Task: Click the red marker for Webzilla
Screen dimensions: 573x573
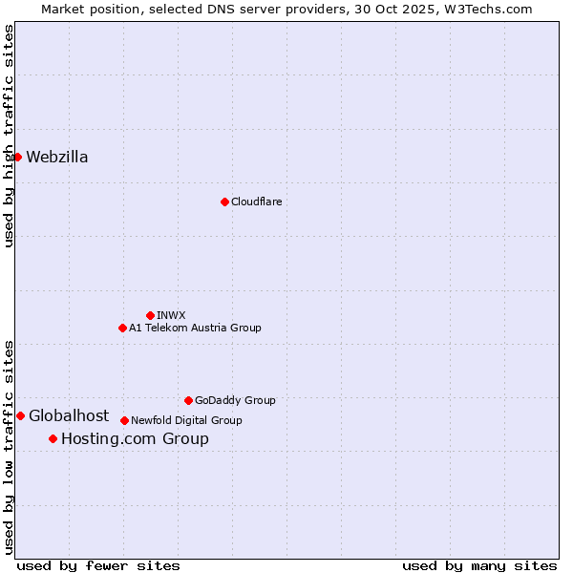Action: coord(17,157)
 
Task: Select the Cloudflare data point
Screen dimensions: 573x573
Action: coord(224,202)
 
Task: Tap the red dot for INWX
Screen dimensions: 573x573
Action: coord(150,315)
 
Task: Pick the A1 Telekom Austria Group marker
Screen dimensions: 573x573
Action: coord(122,328)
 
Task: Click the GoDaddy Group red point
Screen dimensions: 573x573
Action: coord(188,400)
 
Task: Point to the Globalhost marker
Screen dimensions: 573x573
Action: coord(20,415)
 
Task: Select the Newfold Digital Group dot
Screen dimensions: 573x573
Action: coord(124,420)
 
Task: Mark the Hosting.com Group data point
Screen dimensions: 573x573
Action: coord(53,439)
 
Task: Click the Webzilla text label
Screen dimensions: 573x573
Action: coord(57,158)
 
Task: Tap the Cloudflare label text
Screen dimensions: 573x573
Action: coord(256,202)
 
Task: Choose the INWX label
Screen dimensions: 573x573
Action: coord(171,315)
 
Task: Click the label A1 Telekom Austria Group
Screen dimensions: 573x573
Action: coord(195,328)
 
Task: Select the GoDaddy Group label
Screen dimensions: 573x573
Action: coord(235,400)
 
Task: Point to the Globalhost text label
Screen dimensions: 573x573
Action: coord(69,415)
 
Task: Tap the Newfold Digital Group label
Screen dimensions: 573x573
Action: coord(186,420)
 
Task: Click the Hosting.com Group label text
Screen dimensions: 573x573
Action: coord(135,439)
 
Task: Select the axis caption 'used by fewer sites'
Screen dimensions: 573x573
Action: coord(98,565)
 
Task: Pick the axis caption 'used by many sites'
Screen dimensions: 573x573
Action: coord(479,565)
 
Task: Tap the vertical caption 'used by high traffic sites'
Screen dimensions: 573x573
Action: coord(9,136)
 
